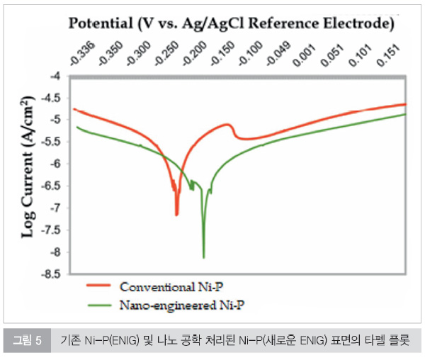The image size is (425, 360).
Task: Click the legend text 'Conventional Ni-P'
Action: tap(176, 287)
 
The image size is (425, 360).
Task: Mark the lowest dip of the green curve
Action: tap(204, 257)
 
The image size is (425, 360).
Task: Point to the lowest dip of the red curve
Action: tap(176, 215)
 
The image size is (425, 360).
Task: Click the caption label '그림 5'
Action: tap(28, 341)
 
